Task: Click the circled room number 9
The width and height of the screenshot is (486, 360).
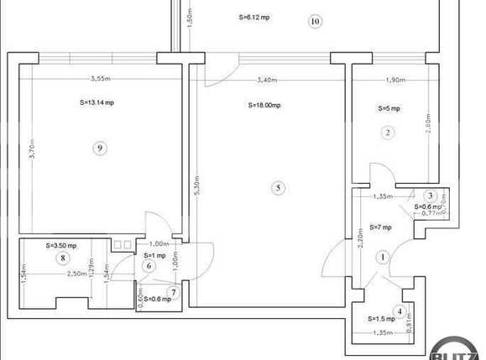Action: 100,149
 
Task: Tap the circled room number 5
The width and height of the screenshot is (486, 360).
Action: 278,187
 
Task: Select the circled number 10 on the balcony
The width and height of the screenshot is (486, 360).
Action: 315,21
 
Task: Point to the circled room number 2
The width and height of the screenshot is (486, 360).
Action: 387,132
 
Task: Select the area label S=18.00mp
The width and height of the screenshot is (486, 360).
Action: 264,106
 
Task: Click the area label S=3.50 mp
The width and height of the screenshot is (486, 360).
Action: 61,246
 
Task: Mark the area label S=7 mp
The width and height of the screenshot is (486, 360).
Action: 381,227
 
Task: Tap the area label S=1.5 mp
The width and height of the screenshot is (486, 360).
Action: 381,320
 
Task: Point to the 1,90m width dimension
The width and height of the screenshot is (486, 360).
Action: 395,81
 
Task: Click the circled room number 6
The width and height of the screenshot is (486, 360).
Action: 150,266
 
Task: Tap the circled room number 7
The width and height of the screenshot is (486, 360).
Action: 174,292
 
